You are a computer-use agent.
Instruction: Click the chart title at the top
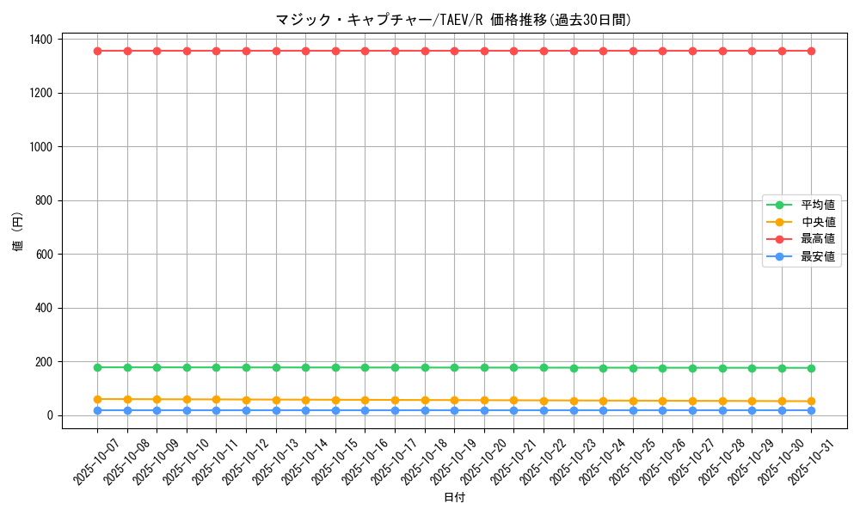[x=459, y=20]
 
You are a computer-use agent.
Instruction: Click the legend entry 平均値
[x=818, y=205]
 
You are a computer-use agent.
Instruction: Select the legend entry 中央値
[x=818, y=222]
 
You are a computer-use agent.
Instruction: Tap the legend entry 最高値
[x=818, y=239]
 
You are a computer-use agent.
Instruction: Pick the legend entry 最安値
[x=818, y=256]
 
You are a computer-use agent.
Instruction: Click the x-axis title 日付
[x=454, y=498]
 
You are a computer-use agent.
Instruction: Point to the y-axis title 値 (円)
[x=18, y=232]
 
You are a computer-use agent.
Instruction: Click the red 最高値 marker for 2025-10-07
[x=98, y=51]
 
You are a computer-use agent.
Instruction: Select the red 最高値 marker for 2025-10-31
[x=811, y=51]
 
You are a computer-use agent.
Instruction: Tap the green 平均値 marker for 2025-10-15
[x=335, y=367]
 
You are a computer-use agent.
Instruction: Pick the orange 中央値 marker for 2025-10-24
[x=603, y=401]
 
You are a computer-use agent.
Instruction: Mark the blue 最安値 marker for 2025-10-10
[x=187, y=410]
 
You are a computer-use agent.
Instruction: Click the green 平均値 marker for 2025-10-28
[x=722, y=368]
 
